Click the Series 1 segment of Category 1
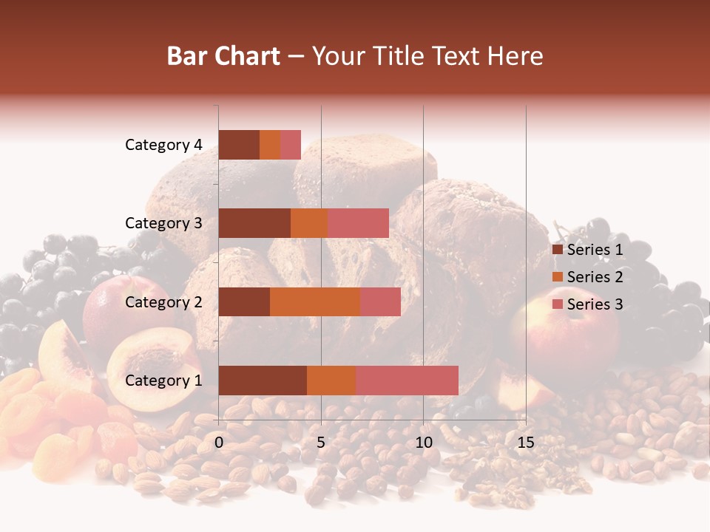pos(263,381)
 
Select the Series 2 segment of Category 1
pos(331,381)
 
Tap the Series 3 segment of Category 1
pos(407,381)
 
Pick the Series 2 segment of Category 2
pos(315,301)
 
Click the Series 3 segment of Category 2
pos(380,301)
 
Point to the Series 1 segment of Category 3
pos(254,223)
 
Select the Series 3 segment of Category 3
pos(358,223)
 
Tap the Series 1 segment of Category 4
pos(239,145)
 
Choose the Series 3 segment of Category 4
pos(291,145)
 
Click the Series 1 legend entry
pos(588,250)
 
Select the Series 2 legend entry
pos(588,277)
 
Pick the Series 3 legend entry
pos(588,304)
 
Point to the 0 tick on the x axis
pos(219,443)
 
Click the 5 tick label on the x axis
pos(321,443)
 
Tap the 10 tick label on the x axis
pos(423,443)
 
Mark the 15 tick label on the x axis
pos(525,443)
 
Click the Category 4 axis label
pos(163,145)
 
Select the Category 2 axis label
pos(163,301)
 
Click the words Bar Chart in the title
pos(223,56)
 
